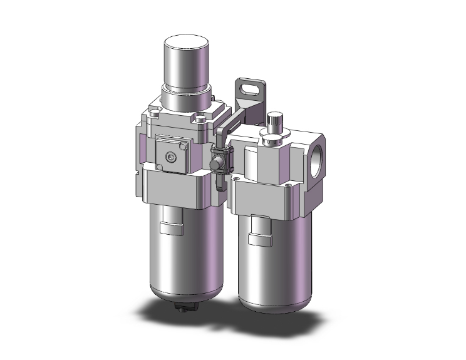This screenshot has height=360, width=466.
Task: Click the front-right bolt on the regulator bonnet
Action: pyautogui.click(x=200, y=118)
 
